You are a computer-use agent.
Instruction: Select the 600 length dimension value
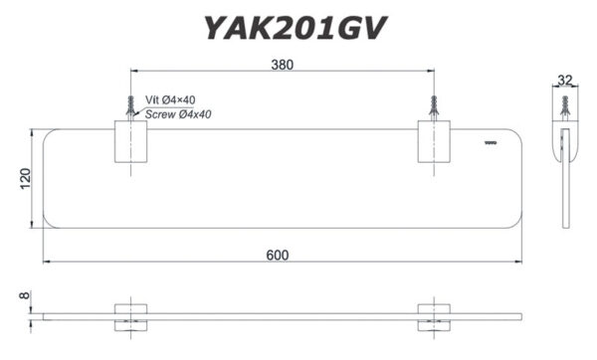[x=278, y=255]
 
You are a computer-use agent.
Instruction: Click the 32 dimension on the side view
[x=566, y=81]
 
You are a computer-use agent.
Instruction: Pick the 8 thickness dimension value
[x=22, y=295]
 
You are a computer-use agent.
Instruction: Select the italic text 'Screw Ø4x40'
[x=177, y=114]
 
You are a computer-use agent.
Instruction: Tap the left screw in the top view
[x=129, y=105]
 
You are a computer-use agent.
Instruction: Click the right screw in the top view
[x=433, y=105]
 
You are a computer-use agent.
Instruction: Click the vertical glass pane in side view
[x=567, y=189]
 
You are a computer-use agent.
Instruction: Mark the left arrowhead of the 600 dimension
[x=46, y=264]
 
